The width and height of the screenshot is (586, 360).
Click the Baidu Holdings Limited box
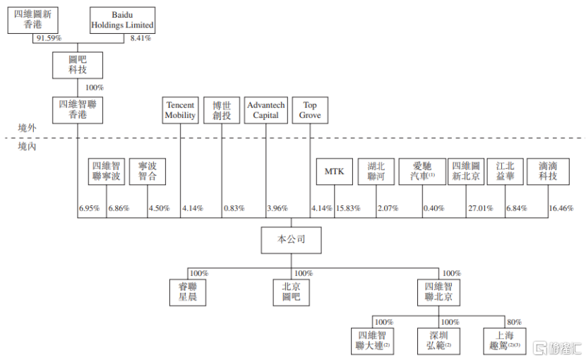(122, 20)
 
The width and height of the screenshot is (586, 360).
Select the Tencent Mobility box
(180, 110)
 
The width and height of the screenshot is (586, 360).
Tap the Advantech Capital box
(265, 110)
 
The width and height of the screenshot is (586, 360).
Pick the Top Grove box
(310, 110)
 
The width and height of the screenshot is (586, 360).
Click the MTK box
(334, 171)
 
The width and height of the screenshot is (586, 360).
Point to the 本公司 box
(292, 240)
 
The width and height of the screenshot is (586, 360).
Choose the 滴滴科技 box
(548, 171)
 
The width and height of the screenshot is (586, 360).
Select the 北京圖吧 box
(292, 292)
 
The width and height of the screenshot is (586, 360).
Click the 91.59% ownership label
(49, 38)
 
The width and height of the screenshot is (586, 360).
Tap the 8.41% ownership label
(140, 38)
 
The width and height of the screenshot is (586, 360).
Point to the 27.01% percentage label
(481, 209)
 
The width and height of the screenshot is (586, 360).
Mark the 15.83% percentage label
(348, 209)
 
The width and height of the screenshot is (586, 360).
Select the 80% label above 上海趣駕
(514, 323)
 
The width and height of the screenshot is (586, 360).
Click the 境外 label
(27, 128)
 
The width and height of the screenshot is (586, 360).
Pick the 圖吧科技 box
(78, 65)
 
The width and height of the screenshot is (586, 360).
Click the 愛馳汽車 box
(422, 171)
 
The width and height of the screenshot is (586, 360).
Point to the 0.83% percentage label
(234, 209)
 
